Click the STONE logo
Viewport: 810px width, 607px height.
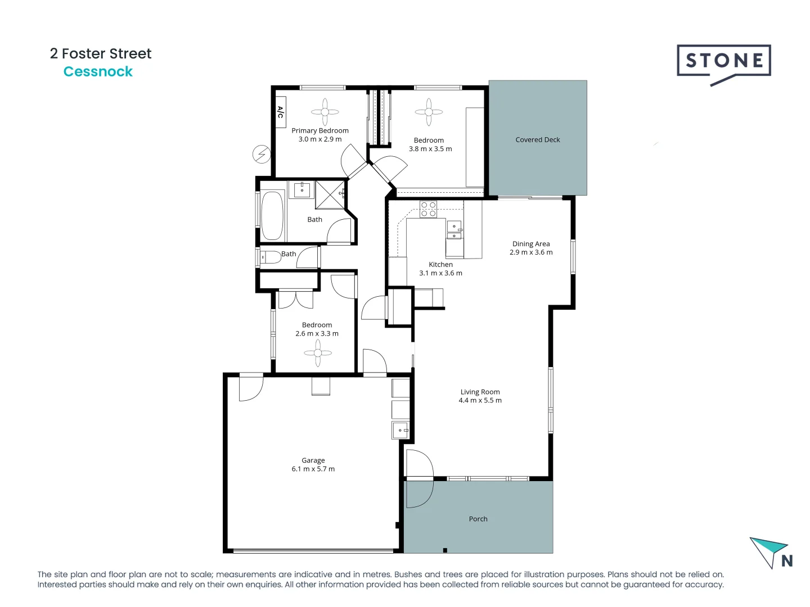coord(723,61)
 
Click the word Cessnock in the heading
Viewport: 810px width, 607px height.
coord(98,72)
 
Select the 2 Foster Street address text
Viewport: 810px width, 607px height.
coord(101,53)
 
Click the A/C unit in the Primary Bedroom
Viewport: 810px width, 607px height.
coord(280,112)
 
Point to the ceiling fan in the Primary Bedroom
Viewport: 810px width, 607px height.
coord(325,111)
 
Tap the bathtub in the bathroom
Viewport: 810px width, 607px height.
coord(273,216)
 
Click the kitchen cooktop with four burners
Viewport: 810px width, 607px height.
coord(428,209)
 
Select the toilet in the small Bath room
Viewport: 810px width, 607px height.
coord(271,257)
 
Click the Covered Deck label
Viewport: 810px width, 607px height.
coord(537,140)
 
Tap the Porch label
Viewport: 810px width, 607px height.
coord(478,519)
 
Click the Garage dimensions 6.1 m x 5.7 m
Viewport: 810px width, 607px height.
coord(313,469)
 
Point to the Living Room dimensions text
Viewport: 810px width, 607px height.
coord(480,401)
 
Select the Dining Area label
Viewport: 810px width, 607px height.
coord(531,244)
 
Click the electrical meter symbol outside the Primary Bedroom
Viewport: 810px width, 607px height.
coord(262,154)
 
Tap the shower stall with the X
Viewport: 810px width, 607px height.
coord(330,195)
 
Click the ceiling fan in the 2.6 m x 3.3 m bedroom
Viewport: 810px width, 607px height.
coord(318,353)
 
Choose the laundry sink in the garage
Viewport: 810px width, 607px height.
coord(400,430)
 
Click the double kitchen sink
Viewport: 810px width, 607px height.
coord(454,231)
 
